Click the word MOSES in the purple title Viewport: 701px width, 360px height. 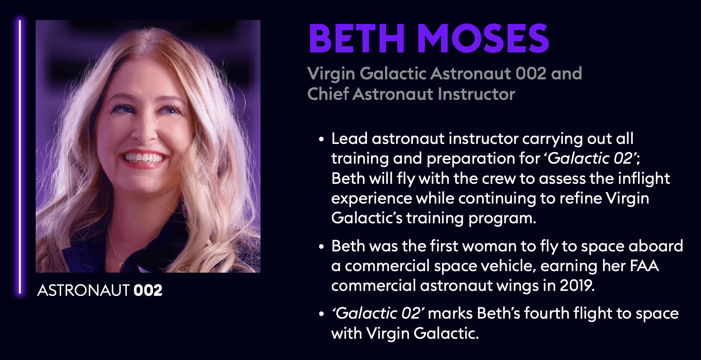tap(483, 38)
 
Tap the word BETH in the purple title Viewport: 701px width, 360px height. tap(357, 38)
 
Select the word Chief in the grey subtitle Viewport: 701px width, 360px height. tap(328, 94)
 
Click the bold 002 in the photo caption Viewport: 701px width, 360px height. tap(148, 291)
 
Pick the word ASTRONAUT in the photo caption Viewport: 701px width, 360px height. tap(84, 291)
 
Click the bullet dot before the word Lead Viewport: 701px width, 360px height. tap(322, 139)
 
